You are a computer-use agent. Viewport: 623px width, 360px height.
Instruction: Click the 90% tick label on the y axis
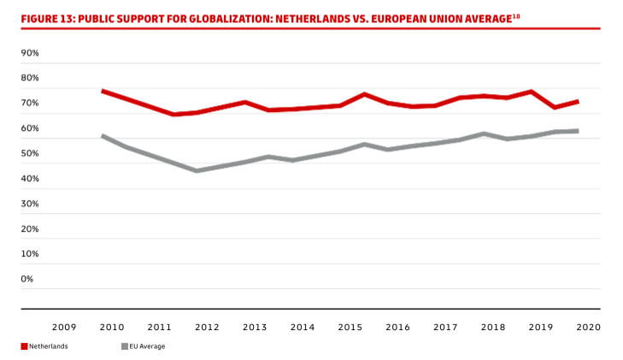pos(30,53)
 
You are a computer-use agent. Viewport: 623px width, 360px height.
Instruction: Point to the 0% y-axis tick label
pos(27,279)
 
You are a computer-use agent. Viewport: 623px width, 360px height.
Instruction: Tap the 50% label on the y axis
pos(30,153)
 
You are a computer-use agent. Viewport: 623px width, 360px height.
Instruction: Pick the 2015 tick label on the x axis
pos(350,327)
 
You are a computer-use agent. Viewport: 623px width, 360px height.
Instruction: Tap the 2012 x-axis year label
pos(207,327)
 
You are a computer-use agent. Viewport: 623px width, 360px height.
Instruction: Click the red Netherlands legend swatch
pos(25,346)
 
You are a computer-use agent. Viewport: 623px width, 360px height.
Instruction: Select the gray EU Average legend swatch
pos(124,346)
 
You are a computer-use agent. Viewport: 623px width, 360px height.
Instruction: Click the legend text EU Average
pos(147,346)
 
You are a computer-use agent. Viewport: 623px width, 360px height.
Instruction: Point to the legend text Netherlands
pos(49,346)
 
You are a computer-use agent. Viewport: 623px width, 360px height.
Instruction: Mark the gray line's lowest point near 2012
pos(197,171)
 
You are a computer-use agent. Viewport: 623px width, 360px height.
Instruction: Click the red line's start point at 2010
pos(103,91)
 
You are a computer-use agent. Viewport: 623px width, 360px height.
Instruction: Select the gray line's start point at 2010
pos(103,136)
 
